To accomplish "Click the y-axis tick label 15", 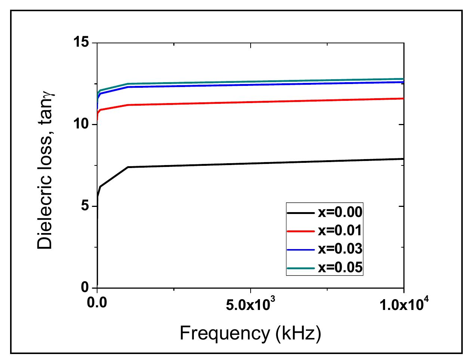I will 82,43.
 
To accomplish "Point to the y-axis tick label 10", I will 82,124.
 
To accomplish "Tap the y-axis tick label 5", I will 86,206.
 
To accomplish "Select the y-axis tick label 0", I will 86,288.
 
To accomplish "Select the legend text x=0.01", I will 340,230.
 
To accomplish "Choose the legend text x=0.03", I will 340,249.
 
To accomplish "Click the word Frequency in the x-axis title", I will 224,333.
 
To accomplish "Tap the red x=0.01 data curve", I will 261,102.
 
